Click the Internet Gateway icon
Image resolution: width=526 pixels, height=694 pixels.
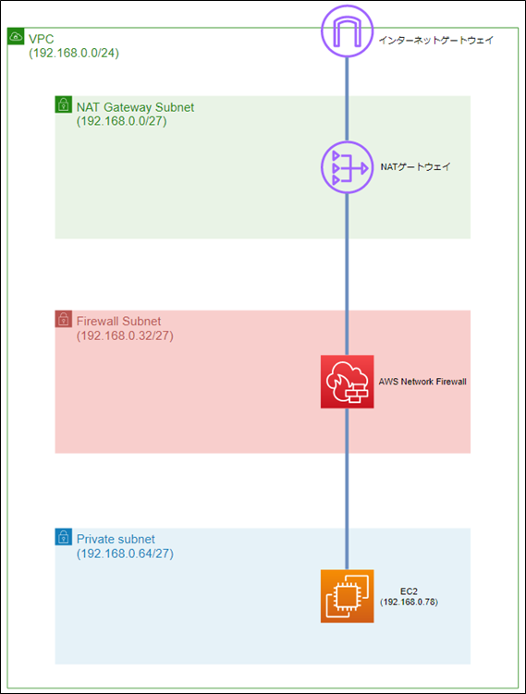pyautogui.click(x=348, y=31)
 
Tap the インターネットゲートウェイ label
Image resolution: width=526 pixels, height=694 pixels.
pyautogui.click(x=435, y=41)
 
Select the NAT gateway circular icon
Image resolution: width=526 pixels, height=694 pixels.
pyautogui.click(x=348, y=167)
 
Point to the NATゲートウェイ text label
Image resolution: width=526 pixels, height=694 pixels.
pyautogui.click(x=415, y=167)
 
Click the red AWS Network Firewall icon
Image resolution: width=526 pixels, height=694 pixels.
pyautogui.click(x=348, y=382)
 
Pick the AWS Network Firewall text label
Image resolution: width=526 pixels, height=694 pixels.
pyautogui.click(x=422, y=382)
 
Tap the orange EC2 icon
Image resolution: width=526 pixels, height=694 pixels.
pyautogui.click(x=348, y=596)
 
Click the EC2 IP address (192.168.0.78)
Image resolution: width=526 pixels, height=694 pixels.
pyautogui.click(x=409, y=602)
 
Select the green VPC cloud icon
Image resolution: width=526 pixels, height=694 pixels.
pyautogui.click(x=16, y=36)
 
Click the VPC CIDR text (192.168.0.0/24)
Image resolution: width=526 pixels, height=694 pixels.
pyautogui.click(x=74, y=53)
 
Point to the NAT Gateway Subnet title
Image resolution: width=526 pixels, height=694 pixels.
pyautogui.click(x=136, y=107)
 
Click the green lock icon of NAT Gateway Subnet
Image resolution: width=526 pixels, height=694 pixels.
pyautogui.click(x=63, y=104)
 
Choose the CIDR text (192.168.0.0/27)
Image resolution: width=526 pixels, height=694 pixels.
pyautogui.click(x=122, y=121)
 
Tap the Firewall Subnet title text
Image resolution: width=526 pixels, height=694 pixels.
pyautogui.click(x=118, y=322)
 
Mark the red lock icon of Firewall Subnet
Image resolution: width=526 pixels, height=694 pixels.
pyautogui.click(x=63, y=319)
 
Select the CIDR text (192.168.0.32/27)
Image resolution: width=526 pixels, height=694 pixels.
pyautogui.click(x=125, y=336)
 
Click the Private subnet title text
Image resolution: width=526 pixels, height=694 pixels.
pyautogui.click(x=116, y=539)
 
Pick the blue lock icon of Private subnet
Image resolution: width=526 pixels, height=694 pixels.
pyautogui.click(x=63, y=537)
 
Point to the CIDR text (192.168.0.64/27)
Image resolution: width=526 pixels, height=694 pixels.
pyautogui.click(x=125, y=554)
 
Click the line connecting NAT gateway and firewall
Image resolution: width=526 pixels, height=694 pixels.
pyautogui.click(x=348, y=274)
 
